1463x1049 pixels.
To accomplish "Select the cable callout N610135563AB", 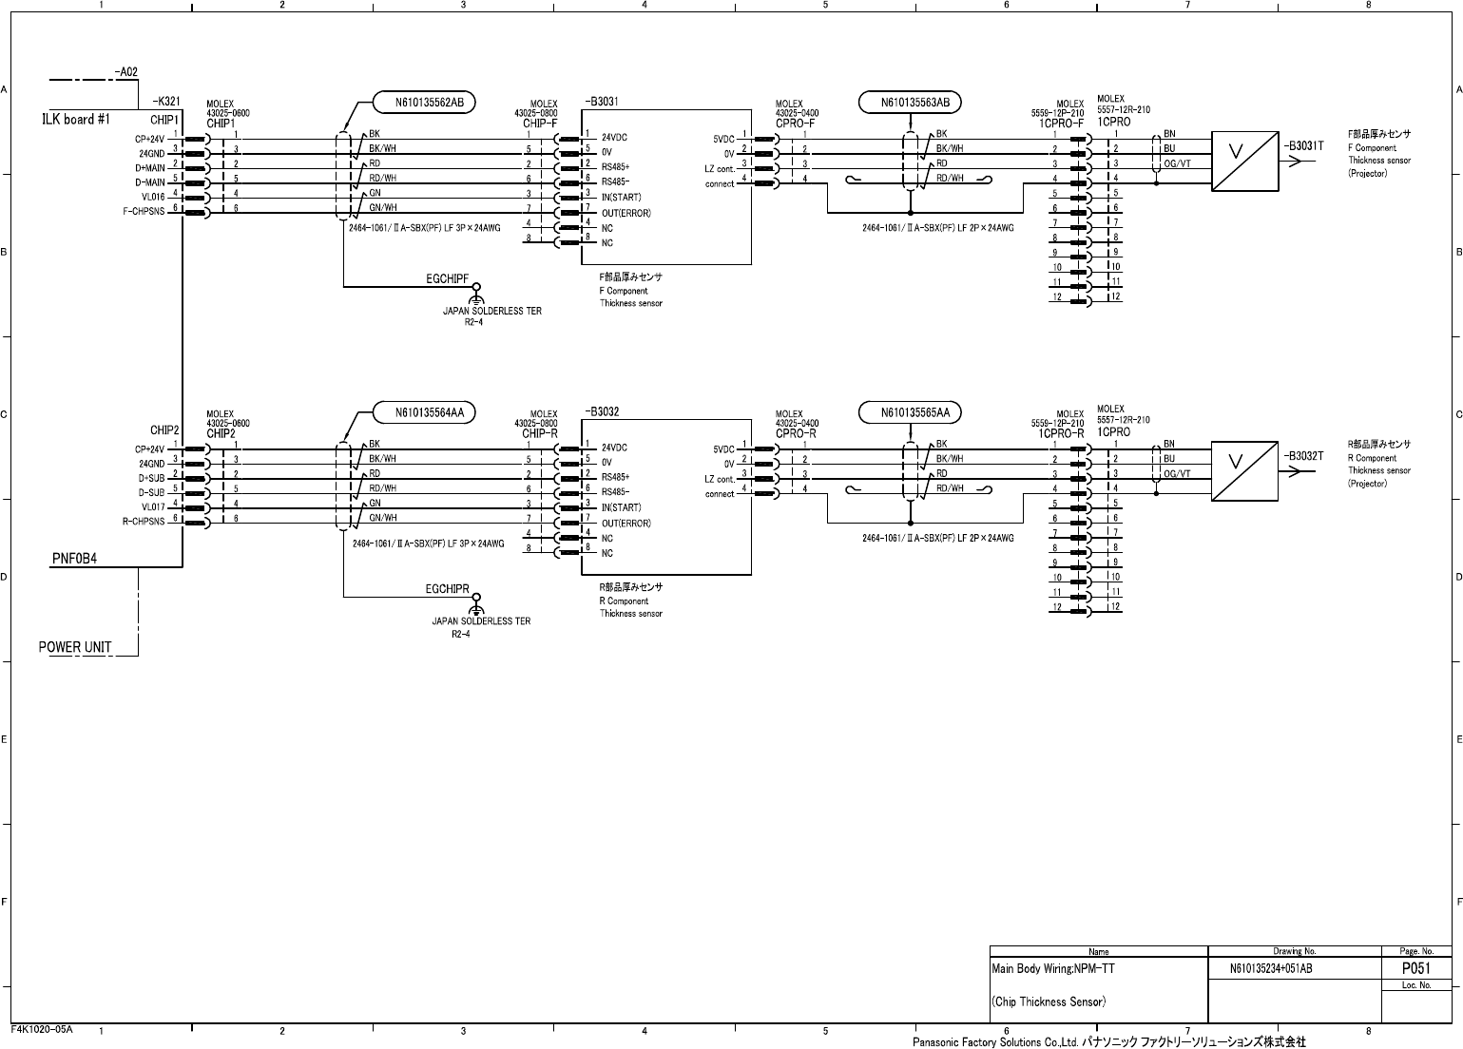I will pos(910,102).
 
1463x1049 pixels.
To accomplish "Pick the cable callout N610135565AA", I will pos(910,412).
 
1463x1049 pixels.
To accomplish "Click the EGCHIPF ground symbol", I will pos(477,290).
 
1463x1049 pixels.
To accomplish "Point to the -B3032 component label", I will pos(603,411).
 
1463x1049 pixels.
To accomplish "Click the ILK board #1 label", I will pos(77,120).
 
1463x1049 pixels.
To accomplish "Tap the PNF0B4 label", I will pos(74,559).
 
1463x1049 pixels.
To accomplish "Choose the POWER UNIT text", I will pos(75,647).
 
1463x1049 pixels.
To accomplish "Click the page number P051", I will pos(1416,968).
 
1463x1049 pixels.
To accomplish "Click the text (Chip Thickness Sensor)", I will pos(1049,1001).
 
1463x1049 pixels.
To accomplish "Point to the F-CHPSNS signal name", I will pos(144,212).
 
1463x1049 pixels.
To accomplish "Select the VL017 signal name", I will pos(153,507).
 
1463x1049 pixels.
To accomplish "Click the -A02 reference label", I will pos(125,71).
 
